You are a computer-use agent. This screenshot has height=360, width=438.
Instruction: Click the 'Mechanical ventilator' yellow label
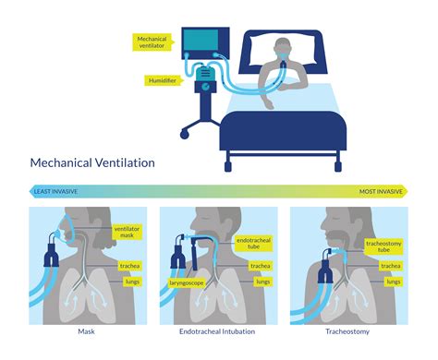tap(152, 43)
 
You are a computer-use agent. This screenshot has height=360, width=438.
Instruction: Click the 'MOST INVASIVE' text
tap(381, 191)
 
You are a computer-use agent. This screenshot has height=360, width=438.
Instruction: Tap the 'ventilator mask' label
tap(127, 231)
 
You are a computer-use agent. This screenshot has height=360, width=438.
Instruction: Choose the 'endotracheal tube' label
tap(253, 244)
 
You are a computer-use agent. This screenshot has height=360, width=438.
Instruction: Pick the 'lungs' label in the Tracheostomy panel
tap(391, 282)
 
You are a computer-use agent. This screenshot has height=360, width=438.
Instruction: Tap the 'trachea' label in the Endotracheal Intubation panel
tap(262, 266)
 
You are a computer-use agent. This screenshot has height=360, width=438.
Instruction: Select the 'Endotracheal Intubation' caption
tap(219, 330)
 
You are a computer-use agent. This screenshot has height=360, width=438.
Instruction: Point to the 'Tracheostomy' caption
tap(349, 330)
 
